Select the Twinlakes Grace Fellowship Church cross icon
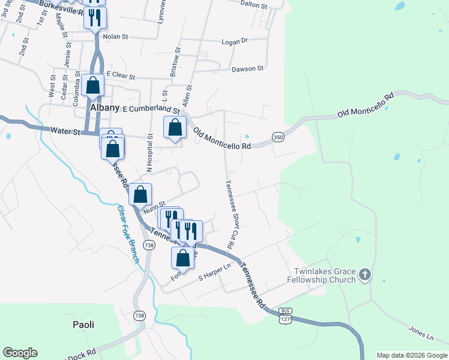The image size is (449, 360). click(365, 275)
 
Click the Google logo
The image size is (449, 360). click(20, 353)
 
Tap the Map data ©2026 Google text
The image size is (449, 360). click(412, 355)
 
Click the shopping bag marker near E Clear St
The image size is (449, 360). click(93, 85)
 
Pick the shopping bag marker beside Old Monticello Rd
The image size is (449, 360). click(175, 128)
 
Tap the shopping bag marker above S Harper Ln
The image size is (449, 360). click(183, 257)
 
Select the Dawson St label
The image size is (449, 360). click(248, 69)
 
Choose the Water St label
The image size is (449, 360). click(65, 130)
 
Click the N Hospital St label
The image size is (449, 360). click(151, 151)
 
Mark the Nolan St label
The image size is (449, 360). click(116, 37)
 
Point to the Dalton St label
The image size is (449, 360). click(253, 4)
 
